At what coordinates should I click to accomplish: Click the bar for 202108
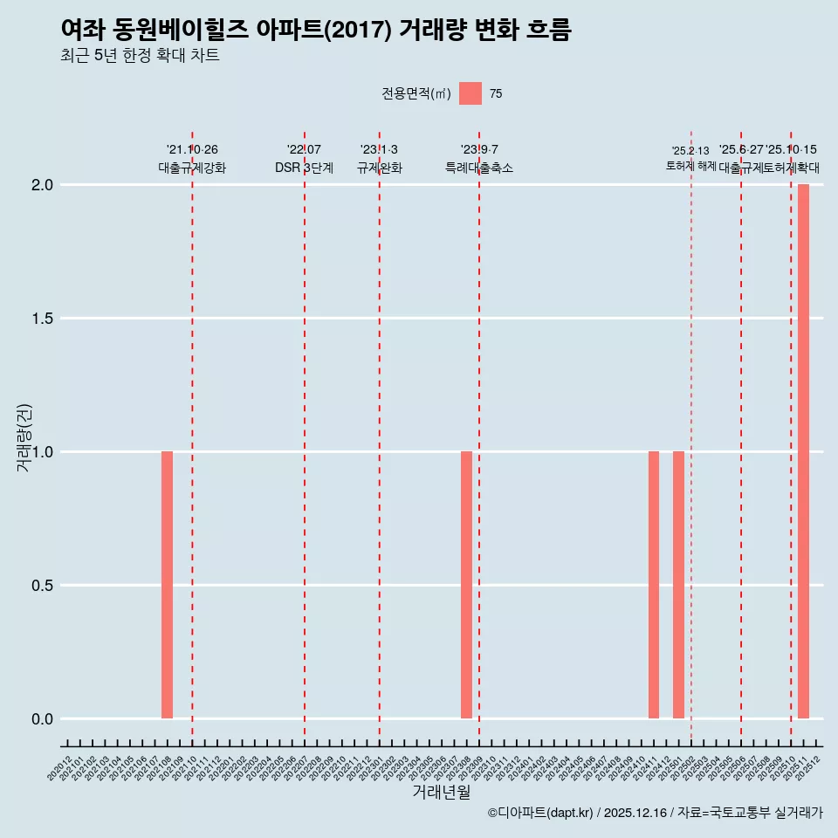(x=167, y=585)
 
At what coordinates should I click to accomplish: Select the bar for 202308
(x=466, y=585)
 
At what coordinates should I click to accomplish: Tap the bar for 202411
(x=654, y=585)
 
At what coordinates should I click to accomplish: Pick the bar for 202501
(x=678, y=585)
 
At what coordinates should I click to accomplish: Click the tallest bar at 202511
(x=803, y=451)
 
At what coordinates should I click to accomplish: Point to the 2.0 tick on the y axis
(x=44, y=185)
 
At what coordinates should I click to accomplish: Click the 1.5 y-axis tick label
(x=44, y=319)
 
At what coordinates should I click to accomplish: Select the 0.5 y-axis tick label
(x=44, y=586)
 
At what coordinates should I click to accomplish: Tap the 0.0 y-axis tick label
(x=44, y=719)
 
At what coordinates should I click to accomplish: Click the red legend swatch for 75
(x=471, y=93)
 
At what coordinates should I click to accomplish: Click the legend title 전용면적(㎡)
(x=416, y=94)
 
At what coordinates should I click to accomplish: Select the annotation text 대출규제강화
(x=192, y=168)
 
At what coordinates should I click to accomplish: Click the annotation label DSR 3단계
(x=304, y=168)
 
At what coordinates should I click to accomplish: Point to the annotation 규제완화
(x=379, y=168)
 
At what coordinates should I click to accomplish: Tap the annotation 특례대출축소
(x=479, y=168)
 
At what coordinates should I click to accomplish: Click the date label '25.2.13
(x=690, y=151)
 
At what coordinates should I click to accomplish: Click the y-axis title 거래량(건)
(x=24, y=438)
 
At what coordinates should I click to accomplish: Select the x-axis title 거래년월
(x=441, y=793)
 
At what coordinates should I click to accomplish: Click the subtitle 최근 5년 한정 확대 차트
(x=140, y=56)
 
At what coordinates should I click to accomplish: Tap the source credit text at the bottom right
(x=656, y=813)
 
